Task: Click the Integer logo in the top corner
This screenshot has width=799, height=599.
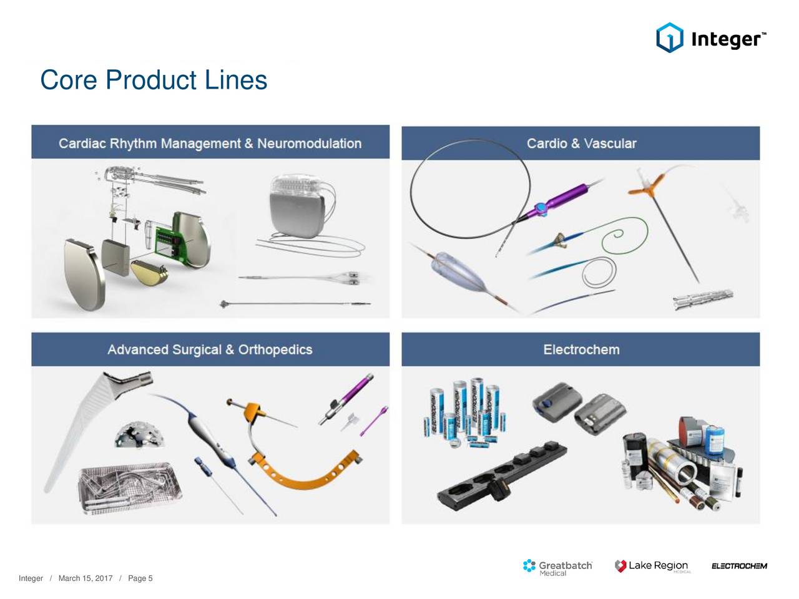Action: pyautogui.click(x=711, y=38)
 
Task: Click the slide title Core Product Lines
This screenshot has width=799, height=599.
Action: pyautogui.click(x=154, y=80)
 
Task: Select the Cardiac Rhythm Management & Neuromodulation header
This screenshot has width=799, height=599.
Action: pyautogui.click(x=210, y=144)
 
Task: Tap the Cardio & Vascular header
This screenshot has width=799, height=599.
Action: pyautogui.click(x=581, y=144)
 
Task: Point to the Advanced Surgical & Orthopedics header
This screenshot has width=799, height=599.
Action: pyautogui.click(x=210, y=349)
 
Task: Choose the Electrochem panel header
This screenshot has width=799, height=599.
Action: pyautogui.click(x=581, y=349)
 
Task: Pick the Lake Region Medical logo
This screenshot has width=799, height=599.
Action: pyautogui.click(x=652, y=567)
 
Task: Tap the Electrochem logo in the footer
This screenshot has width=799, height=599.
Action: pyautogui.click(x=739, y=567)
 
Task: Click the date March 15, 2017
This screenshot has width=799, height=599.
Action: pyautogui.click(x=85, y=578)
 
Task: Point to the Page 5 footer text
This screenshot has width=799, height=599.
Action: pyautogui.click(x=140, y=578)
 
